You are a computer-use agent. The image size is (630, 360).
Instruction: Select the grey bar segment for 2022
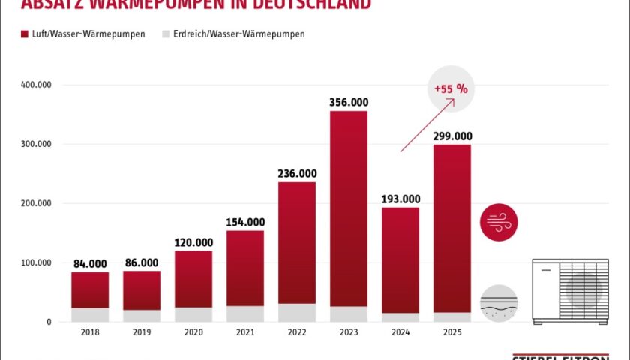tap(296, 313)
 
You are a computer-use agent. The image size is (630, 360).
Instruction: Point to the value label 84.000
tap(90, 263)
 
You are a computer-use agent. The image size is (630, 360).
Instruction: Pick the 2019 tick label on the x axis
tap(142, 332)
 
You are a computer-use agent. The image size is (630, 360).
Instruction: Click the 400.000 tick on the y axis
tap(35, 85)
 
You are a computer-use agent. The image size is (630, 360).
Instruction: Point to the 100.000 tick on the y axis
tap(35, 262)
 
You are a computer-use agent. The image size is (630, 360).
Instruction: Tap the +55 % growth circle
tap(451, 88)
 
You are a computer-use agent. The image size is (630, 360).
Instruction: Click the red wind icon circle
tap(499, 222)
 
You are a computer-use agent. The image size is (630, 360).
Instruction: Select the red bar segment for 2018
tap(90, 289)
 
